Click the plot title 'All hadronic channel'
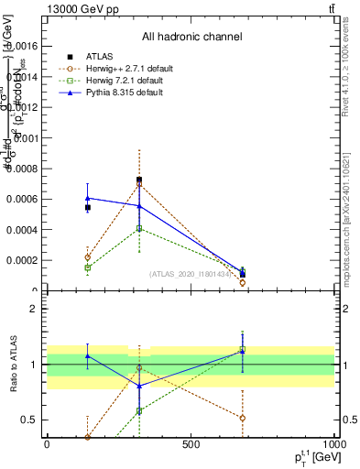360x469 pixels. [x=191, y=38]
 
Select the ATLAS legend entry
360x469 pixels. [x=101, y=56]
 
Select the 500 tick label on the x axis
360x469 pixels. [x=191, y=444]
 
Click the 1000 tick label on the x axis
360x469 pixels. [x=333, y=444]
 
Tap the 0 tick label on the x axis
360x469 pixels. [x=47, y=444]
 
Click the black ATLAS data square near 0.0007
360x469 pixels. [x=139, y=180]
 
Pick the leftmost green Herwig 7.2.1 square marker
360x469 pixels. [x=88, y=267]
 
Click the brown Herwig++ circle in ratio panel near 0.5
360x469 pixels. [x=243, y=418]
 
